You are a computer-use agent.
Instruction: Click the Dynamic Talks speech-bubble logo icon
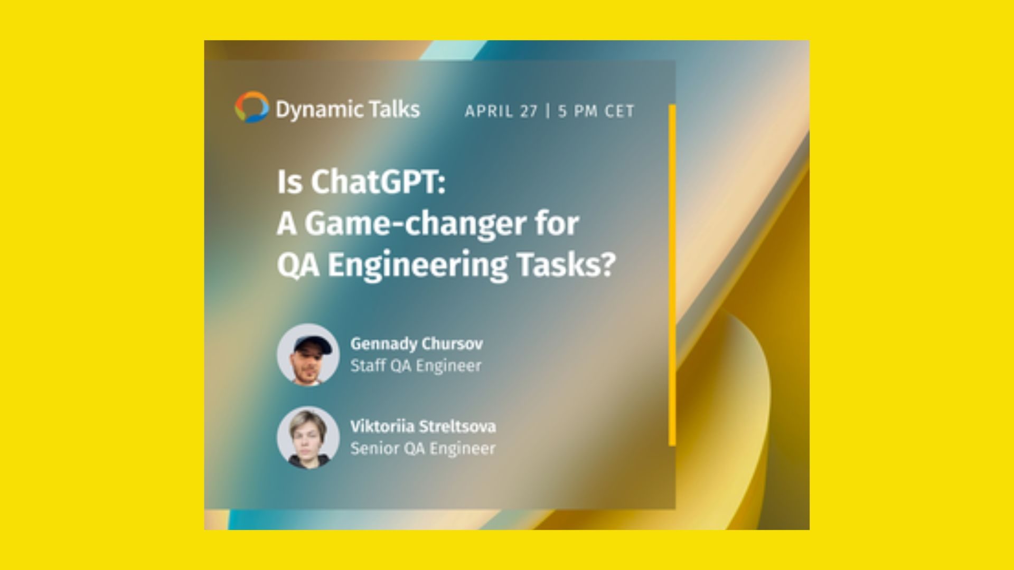(252, 107)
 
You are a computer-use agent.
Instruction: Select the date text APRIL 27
(501, 111)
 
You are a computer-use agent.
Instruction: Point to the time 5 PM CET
(596, 111)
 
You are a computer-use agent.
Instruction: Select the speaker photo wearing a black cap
(308, 355)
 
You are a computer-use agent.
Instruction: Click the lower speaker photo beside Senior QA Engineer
(308, 438)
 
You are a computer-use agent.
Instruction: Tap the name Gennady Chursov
(417, 344)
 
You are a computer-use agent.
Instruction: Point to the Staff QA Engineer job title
(416, 366)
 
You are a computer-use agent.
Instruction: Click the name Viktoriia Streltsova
(423, 426)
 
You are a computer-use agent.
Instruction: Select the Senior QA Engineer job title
(423, 449)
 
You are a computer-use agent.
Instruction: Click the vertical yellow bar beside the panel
(672, 275)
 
